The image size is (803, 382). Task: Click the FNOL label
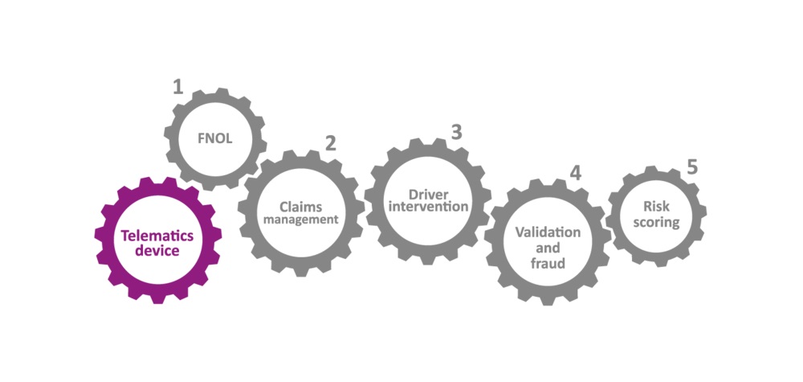pyautogui.click(x=214, y=138)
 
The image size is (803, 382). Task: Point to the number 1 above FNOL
pyautogui.click(x=177, y=87)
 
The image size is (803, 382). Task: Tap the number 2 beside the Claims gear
pyautogui.click(x=330, y=143)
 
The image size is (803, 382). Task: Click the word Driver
pyautogui.click(x=428, y=195)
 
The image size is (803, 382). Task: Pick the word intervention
pyautogui.click(x=428, y=207)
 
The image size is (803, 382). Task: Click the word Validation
pyautogui.click(x=548, y=233)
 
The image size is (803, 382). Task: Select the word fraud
pyautogui.click(x=548, y=263)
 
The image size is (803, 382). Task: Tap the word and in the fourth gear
pyautogui.click(x=548, y=249)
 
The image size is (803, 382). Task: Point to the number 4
pyautogui.click(x=575, y=174)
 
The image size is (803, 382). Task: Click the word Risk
pyautogui.click(x=656, y=208)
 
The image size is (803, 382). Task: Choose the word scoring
pyautogui.click(x=656, y=223)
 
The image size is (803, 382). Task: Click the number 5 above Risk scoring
pyautogui.click(x=691, y=167)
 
